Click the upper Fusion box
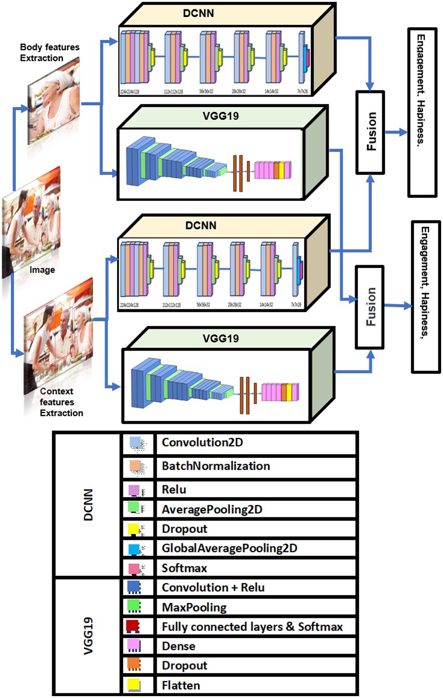(370, 132)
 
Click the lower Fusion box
(370, 307)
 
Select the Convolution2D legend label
(202, 442)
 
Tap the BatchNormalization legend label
(216, 466)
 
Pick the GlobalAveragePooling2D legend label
(229, 548)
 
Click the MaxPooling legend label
(194, 607)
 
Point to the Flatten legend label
(181, 685)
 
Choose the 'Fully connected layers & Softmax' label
(252, 627)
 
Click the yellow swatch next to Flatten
(133, 685)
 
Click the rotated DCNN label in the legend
(88, 505)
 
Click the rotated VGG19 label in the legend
(88, 636)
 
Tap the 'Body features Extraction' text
(49, 53)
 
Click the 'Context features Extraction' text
(61, 402)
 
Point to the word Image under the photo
(42, 270)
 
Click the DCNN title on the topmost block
(199, 13)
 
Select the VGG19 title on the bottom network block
(220, 338)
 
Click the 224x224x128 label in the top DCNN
(129, 92)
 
